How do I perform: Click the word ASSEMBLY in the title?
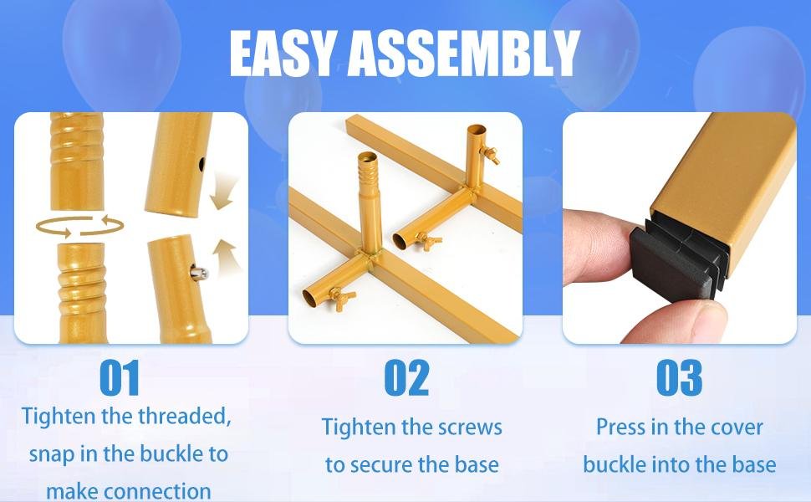[464, 53]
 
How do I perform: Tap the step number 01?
[120, 378]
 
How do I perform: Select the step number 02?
[407, 378]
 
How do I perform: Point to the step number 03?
[679, 378]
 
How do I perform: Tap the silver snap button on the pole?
[200, 273]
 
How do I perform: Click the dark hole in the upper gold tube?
[201, 165]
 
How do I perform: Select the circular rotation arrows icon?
[79, 226]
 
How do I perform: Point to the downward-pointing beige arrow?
[223, 192]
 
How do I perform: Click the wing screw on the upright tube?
[489, 155]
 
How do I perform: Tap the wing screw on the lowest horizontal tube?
[342, 299]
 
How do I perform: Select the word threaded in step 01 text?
[184, 416]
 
